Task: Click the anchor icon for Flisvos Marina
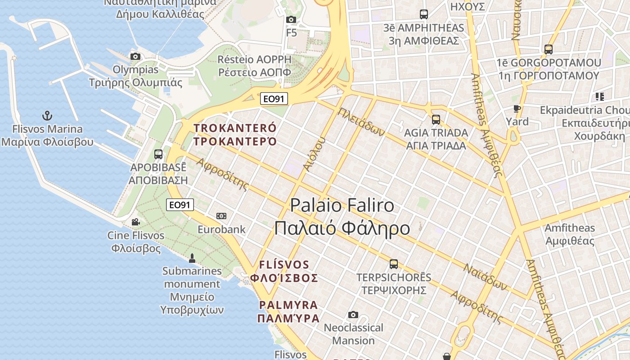pyautogui.click(x=47, y=116)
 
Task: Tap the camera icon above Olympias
pyautogui.click(x=135, y=56)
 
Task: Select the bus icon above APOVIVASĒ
pyautogui.click(x=158, y=154)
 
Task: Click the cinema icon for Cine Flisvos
pyautogui.click(x=135, y=222)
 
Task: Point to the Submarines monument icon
pyautogui.click(x=192, y=258)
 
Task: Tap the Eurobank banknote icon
pyautogui.click(x=221, y=216)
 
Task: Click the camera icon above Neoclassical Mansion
pyautogui.click(x=353, y=315)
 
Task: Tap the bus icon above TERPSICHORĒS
pyautogui.click(x=394, y=264)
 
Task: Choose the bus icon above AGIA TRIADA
pyautogui.click(x=436, y=120)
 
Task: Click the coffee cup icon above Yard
pyautogui.click(x=517, y=108)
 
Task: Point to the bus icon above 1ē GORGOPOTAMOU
pyautogui.click(x=548, y=49)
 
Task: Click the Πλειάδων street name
pyautogui.click(x=361, y=122)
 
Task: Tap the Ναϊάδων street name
pyautogui.click(x=485, y=276)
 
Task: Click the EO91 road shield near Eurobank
pyautogui.click(x=180, y=205)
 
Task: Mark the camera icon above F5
pyautogui.click(x=291, y=19)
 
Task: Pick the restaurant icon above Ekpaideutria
pyautogui.click(x=599, y=96)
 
